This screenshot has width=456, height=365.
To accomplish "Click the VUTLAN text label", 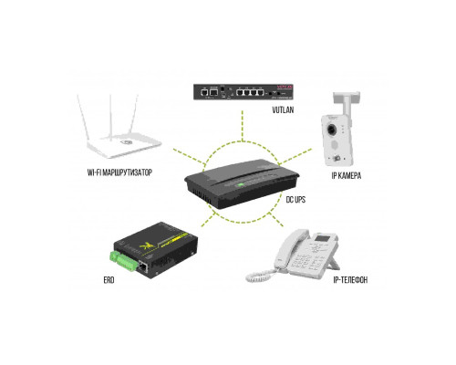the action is pos(283,109).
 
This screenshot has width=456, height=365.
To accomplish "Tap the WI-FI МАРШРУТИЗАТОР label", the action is pos(119,172).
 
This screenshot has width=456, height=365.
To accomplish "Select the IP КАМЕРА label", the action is pos(347,175).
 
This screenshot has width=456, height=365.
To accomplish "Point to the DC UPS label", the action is pos(295,200).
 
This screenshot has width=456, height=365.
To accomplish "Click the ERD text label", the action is pos(109,280).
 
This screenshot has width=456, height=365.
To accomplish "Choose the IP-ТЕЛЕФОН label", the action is pos(350,280).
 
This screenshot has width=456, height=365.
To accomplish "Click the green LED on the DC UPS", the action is pos(241,184).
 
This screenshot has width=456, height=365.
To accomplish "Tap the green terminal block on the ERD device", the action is pos(123,261).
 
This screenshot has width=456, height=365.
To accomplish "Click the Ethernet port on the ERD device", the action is pos(143,267).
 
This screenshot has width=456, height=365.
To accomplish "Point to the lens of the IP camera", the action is pos(331,130).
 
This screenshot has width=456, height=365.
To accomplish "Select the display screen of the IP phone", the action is pos(323,237).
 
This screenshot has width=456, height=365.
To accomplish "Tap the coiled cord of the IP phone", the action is pos(259,276).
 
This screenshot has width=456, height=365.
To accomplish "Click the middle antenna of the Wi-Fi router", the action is pos(110,117).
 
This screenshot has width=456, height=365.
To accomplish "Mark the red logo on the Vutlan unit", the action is pos(285,87).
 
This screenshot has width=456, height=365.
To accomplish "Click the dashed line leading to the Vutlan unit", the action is pos(243,126).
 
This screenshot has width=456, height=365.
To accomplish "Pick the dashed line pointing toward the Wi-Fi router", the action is pos(190,156).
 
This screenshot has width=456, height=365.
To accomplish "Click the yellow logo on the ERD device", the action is pos(147,245).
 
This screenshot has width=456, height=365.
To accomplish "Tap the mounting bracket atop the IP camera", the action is pos(347,103).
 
